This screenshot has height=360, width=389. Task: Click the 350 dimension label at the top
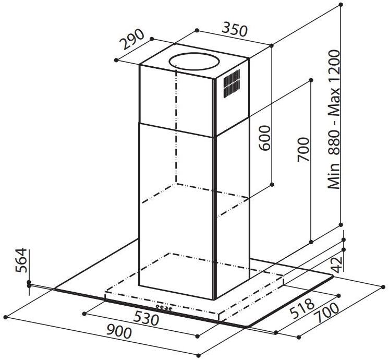(x=235, y=30)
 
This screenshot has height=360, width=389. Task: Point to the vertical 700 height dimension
(x=303, y=149)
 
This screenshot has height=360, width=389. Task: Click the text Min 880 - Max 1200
(x=333, y=119)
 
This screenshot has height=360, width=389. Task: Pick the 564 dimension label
(x=21, y=260)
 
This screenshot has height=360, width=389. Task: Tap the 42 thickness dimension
(x=337, y=265)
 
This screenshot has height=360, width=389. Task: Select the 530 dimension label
(x=146, y=319)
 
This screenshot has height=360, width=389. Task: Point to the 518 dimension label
(x=302, y=308)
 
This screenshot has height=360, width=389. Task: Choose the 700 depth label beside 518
(x=326, y=313)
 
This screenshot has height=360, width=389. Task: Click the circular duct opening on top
(x=194, y=61)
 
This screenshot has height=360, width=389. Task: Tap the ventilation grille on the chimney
(x=232, y=83)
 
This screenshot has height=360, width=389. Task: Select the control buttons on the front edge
(x=164, y=308)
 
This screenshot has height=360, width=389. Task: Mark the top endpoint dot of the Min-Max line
(x=341, y=5)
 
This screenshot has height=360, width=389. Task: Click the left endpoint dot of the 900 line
(x=6, y=317)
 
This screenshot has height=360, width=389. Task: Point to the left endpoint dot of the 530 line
(x=84, y=314)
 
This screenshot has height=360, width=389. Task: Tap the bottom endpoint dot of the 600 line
(x=272, y=185)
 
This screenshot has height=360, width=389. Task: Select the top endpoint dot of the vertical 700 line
(x=311, y=80)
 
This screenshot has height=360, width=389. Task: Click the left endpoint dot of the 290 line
(x=116, y=60)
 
